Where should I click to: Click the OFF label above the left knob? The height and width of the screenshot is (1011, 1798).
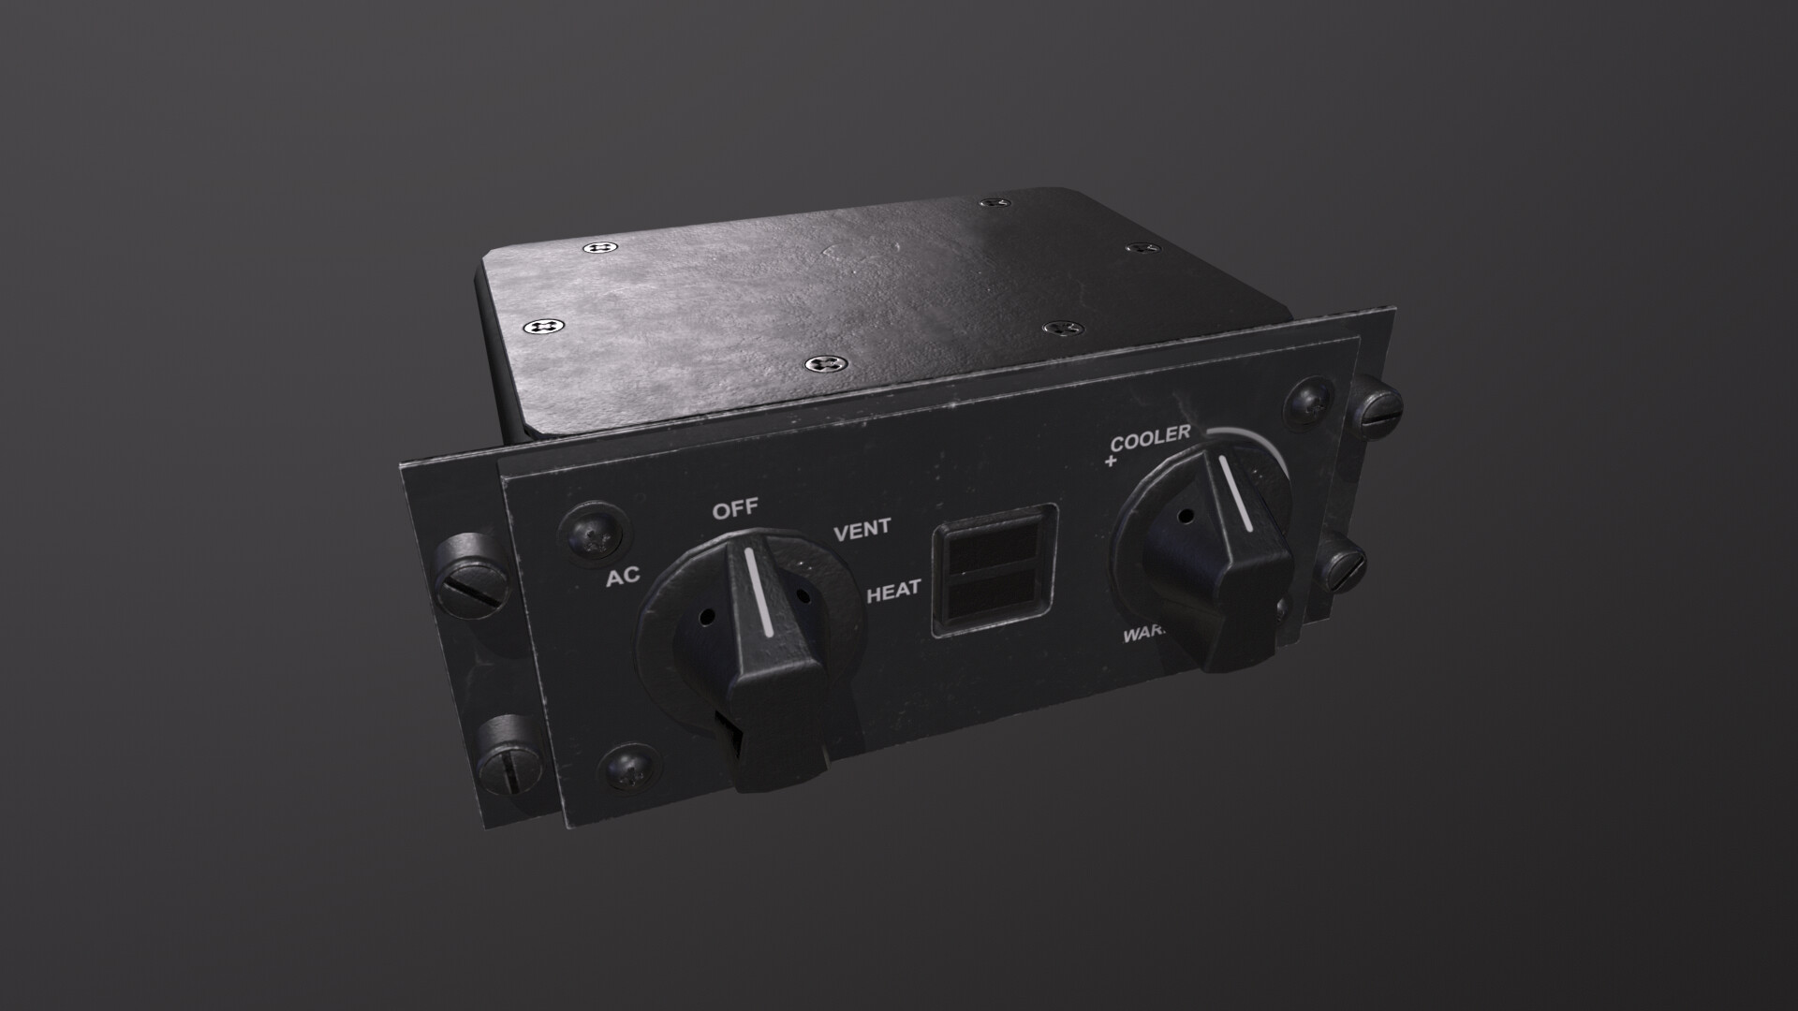(735, 511)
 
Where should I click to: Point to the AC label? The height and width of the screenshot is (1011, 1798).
(623, 577)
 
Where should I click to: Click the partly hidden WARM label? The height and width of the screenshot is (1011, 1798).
(1144, 636)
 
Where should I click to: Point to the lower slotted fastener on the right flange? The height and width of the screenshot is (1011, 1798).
(1343, 564)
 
